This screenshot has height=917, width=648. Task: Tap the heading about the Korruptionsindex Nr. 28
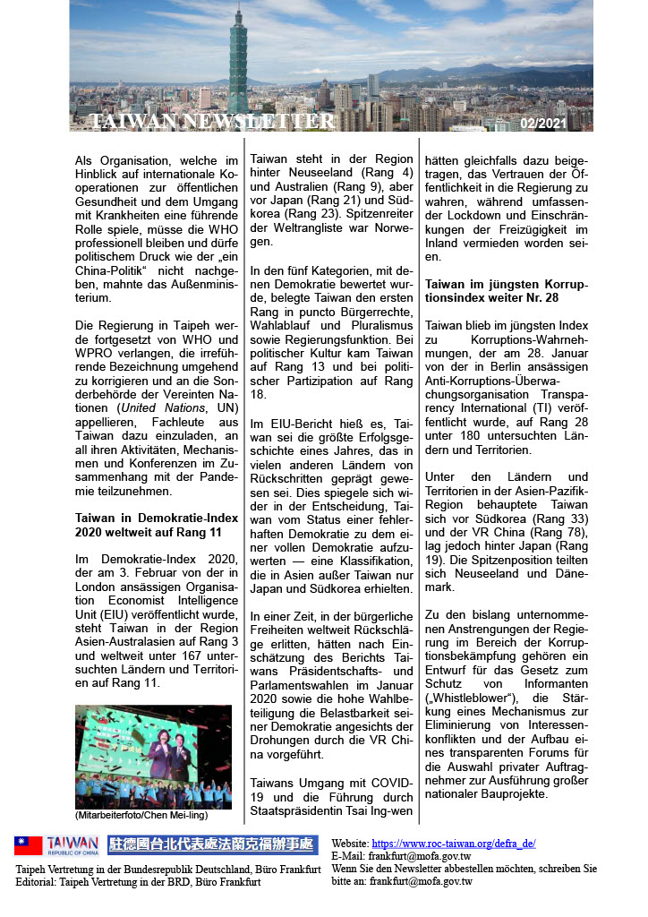pos(507,291)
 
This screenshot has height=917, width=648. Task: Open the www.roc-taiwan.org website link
pos(453,844)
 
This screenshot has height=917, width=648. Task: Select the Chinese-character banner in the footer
pos(212,845)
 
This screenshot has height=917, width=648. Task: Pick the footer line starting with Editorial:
pos(139,882)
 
